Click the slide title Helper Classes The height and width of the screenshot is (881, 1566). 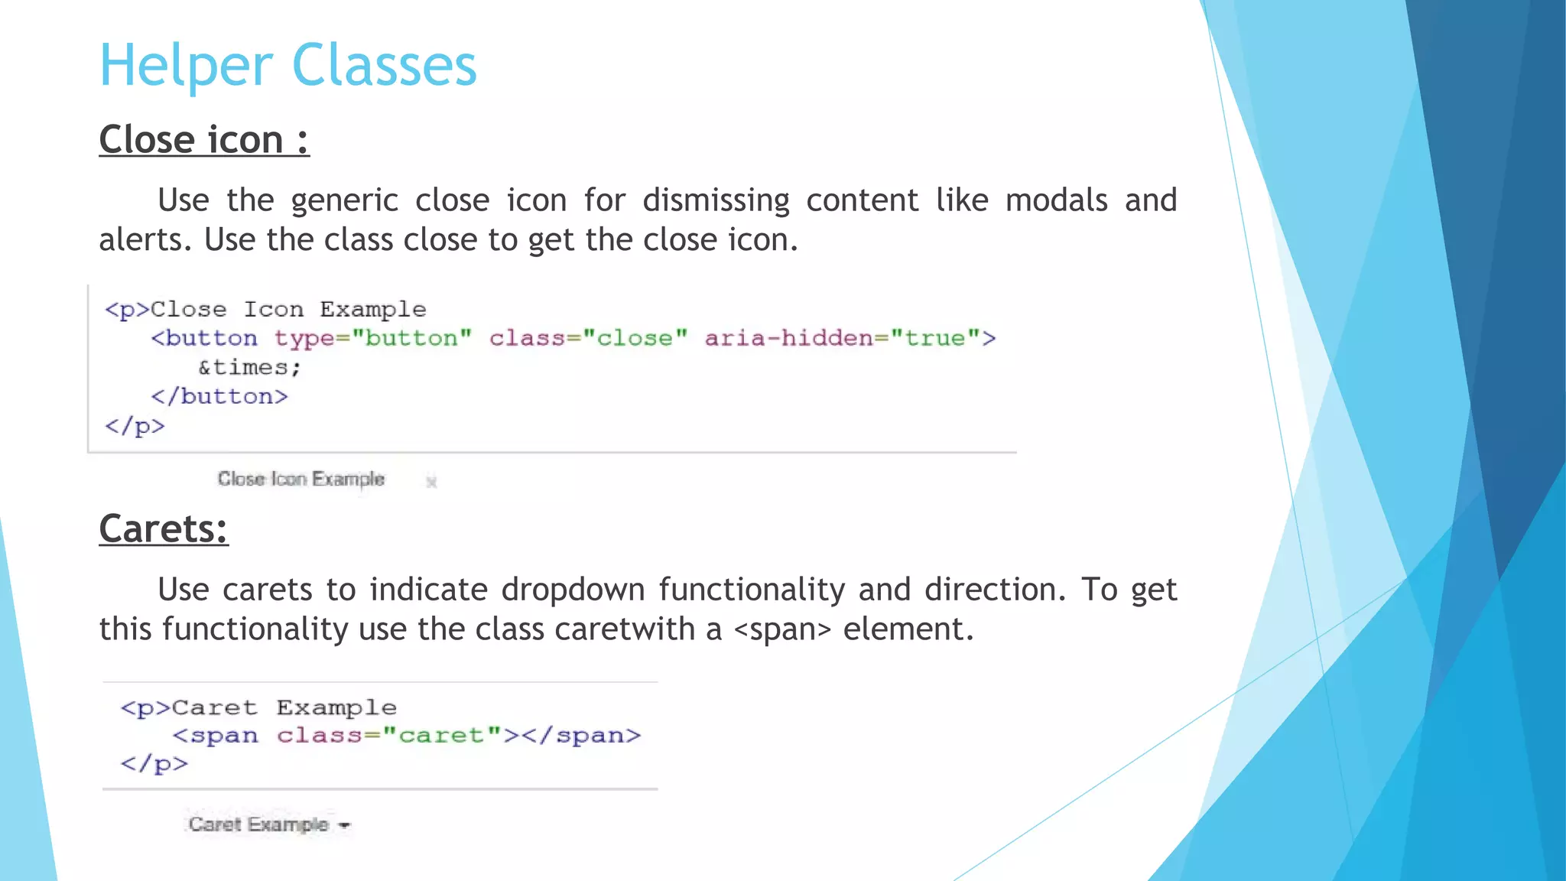coord(288,66)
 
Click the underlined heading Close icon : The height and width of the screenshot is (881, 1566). coord(204,140)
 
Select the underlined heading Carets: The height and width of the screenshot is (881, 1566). coord(164,529)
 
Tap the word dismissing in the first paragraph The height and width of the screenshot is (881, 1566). coord(716,201)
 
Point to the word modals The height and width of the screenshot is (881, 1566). coord(1056,200)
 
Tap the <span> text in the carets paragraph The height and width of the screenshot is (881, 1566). coord(781,630)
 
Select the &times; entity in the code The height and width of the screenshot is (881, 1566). coord(249,368)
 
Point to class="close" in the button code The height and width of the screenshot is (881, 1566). coord(589,338)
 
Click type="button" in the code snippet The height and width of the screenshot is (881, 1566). coord(373,338)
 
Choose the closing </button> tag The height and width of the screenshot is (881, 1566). coord(219,397)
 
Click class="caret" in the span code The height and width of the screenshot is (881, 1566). coord(388,736)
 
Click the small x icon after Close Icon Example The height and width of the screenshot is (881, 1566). coord(431,482)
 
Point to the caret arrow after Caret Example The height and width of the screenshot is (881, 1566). coord(344,825)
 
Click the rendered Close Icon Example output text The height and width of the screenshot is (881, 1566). coord(301,480)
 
